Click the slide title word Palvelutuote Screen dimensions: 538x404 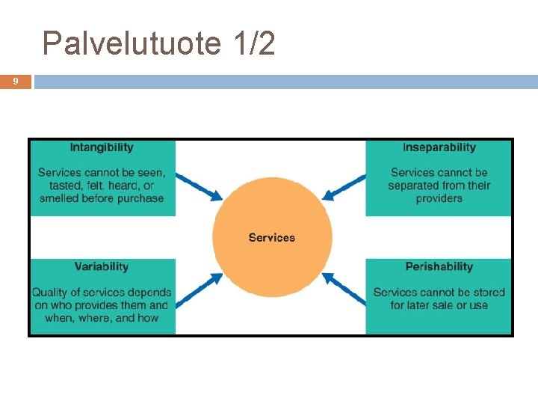pyautogui.click(x=132, y=44)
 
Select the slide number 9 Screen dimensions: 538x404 pyautogui.click(x=16, y=82)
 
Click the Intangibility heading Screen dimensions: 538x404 pyautogui.click(x=102, y=147)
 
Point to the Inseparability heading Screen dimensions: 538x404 pyautogui.click(x=439, y=147)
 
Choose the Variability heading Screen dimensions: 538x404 pyautogui.click(x=102, y=266)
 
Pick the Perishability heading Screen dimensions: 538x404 pyautogui.click(x=439, y=266)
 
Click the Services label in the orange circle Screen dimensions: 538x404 pyautogui.click(x=272, y=237)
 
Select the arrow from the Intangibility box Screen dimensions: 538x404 pyautogui.click(x=201, y=187)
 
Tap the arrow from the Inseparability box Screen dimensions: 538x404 pyautogui.click(x=344, y=187)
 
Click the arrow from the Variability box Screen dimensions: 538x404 pyautogui.click(x=201, y=289)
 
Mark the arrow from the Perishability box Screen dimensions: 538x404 pyautogui.click(x=344, y=289)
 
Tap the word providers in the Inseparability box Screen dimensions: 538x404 pyautogui.click(x=439, y=198)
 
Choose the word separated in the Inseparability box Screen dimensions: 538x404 pyautogui.click(x=413, y=186)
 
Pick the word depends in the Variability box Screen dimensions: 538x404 pyautogui.click(x=149, y=292)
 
